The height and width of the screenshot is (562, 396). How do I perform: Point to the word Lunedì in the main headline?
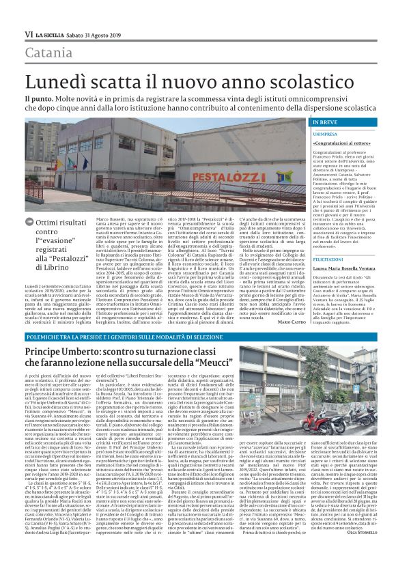pyautogui.click(x=55, y=81)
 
